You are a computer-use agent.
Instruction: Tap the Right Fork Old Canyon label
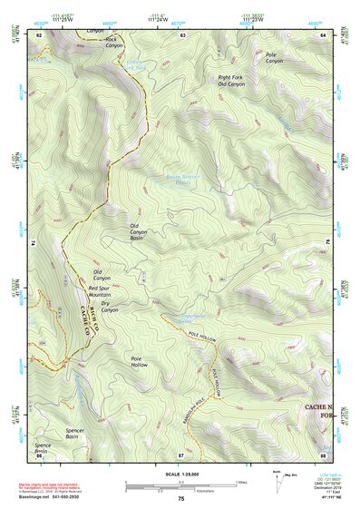click(231, 81)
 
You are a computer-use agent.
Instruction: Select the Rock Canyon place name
click(113, 43)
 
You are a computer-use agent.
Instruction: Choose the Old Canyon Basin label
click(138, 232)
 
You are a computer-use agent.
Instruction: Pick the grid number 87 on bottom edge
click(181, 454)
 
